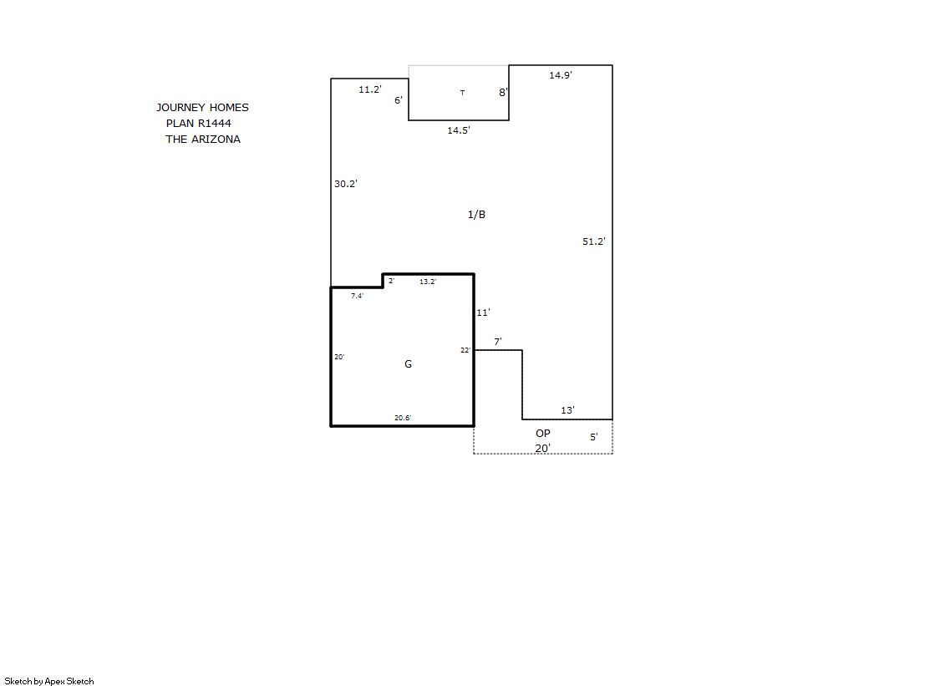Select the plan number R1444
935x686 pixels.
click(x=215, y=124)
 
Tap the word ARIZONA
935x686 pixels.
click(x=216, y=140)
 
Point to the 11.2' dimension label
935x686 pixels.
click(x=369, y=89)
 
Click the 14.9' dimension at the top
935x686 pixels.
click(x=561, y=75)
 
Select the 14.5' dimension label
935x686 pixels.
click(x=459, y=130)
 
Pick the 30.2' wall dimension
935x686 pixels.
click(x=345, y=184)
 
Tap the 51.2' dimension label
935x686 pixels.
click(x=594, y=241)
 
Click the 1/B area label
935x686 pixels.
click(x=476, y=215)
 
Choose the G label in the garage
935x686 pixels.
click(x=408, y=363)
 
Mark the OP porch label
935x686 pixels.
click(x=542, y=434)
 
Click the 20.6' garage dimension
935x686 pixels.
click(x=403, y=418)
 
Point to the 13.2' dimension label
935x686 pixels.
click(x=428, y=282)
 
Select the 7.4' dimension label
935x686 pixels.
click(x=357, y=296)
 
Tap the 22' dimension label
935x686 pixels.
click(x=465, y=350)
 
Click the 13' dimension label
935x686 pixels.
click(x=567, y=410)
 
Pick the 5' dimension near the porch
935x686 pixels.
click(x=594, y=437)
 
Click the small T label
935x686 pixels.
click(x=462, y=93)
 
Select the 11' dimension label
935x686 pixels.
click(x=483, y=313)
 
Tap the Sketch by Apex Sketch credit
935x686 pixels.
click(x=49, y=681)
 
